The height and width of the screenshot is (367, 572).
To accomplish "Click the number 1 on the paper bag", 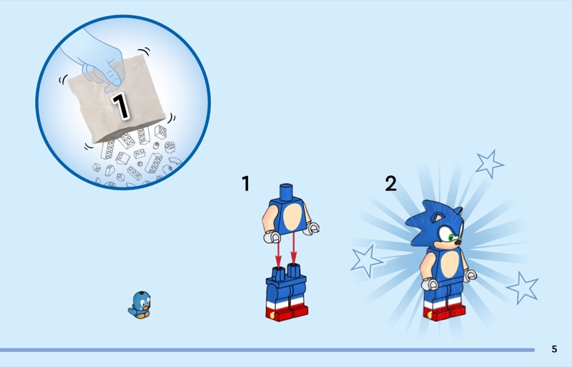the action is (x=121, y=106).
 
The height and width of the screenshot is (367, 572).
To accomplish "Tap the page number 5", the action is (x=554, y=349).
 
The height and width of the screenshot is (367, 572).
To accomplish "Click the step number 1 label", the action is (x=246, y=183).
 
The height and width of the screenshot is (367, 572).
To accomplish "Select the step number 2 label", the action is (x=390, y=183).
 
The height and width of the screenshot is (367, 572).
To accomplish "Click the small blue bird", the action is (x=139, y=305).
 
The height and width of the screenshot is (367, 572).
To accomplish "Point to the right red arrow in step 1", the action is (x=294, y=248).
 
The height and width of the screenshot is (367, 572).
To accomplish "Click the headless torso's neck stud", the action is (x=286, y=192).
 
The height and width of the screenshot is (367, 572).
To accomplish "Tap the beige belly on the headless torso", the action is (x=292, y=217).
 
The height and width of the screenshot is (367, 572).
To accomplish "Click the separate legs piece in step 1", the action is (x=287, y=293).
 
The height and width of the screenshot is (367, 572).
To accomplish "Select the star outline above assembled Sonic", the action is (x=489, y=164).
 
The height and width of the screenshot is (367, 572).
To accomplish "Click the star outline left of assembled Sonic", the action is (x=367, y=260).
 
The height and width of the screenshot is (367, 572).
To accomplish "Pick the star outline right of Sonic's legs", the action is (x=523, y=288).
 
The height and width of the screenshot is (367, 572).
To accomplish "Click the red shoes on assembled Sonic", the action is (x=444, y=313).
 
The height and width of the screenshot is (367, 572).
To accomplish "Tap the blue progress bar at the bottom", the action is (x=267, y=350).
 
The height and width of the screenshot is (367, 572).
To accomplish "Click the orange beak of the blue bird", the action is (x=146, y=307).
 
